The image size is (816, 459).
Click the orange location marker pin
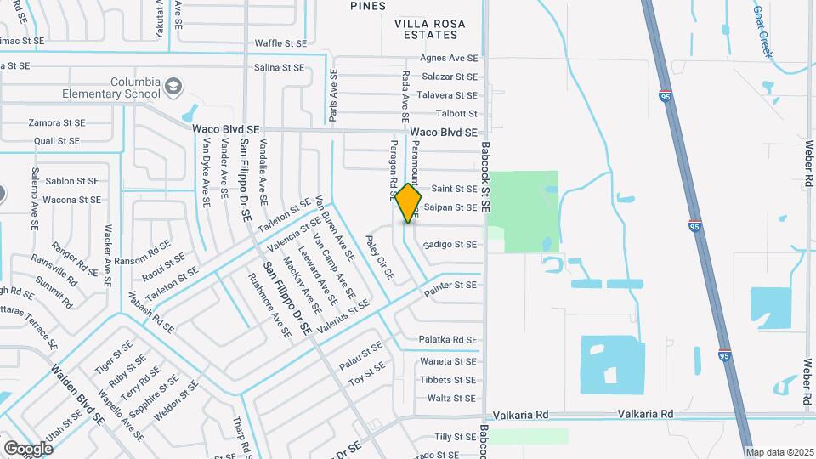[x=409, y=202]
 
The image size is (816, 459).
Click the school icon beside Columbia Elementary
[x=174, y=86]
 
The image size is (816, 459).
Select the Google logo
[x=28, y=448]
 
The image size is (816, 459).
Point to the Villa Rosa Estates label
[x=426, y=28]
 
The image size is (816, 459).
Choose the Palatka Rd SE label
[x=448, y=340]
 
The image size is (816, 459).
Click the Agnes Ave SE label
[x=449, y=59]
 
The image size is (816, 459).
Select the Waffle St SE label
[x=280, y=42]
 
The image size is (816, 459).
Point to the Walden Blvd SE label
[x=77, y=394]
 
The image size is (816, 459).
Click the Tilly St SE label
[x=455, y=437]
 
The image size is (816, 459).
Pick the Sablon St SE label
[x=73, y=181]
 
